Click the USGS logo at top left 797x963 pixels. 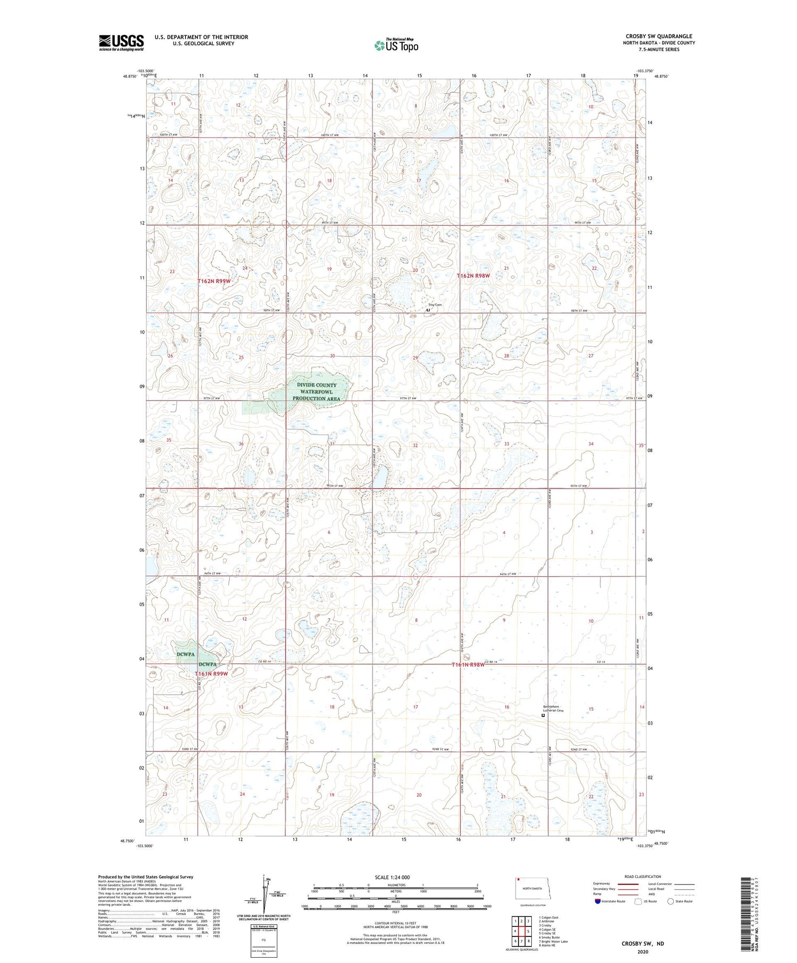click(121, 42)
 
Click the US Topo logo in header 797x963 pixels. click(396, 46)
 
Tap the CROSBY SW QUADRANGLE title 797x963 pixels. click(658, 36)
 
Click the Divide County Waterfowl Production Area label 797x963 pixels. click(317, 391)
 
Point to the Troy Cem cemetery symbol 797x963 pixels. click(428, 310)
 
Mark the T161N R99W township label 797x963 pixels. click(211, 674)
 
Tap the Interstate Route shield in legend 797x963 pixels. click(598, 901)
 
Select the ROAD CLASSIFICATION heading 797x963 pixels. click(643, 876)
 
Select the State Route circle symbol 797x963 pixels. click(671, 901)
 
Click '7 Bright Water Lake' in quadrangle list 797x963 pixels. click(553, 941)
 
